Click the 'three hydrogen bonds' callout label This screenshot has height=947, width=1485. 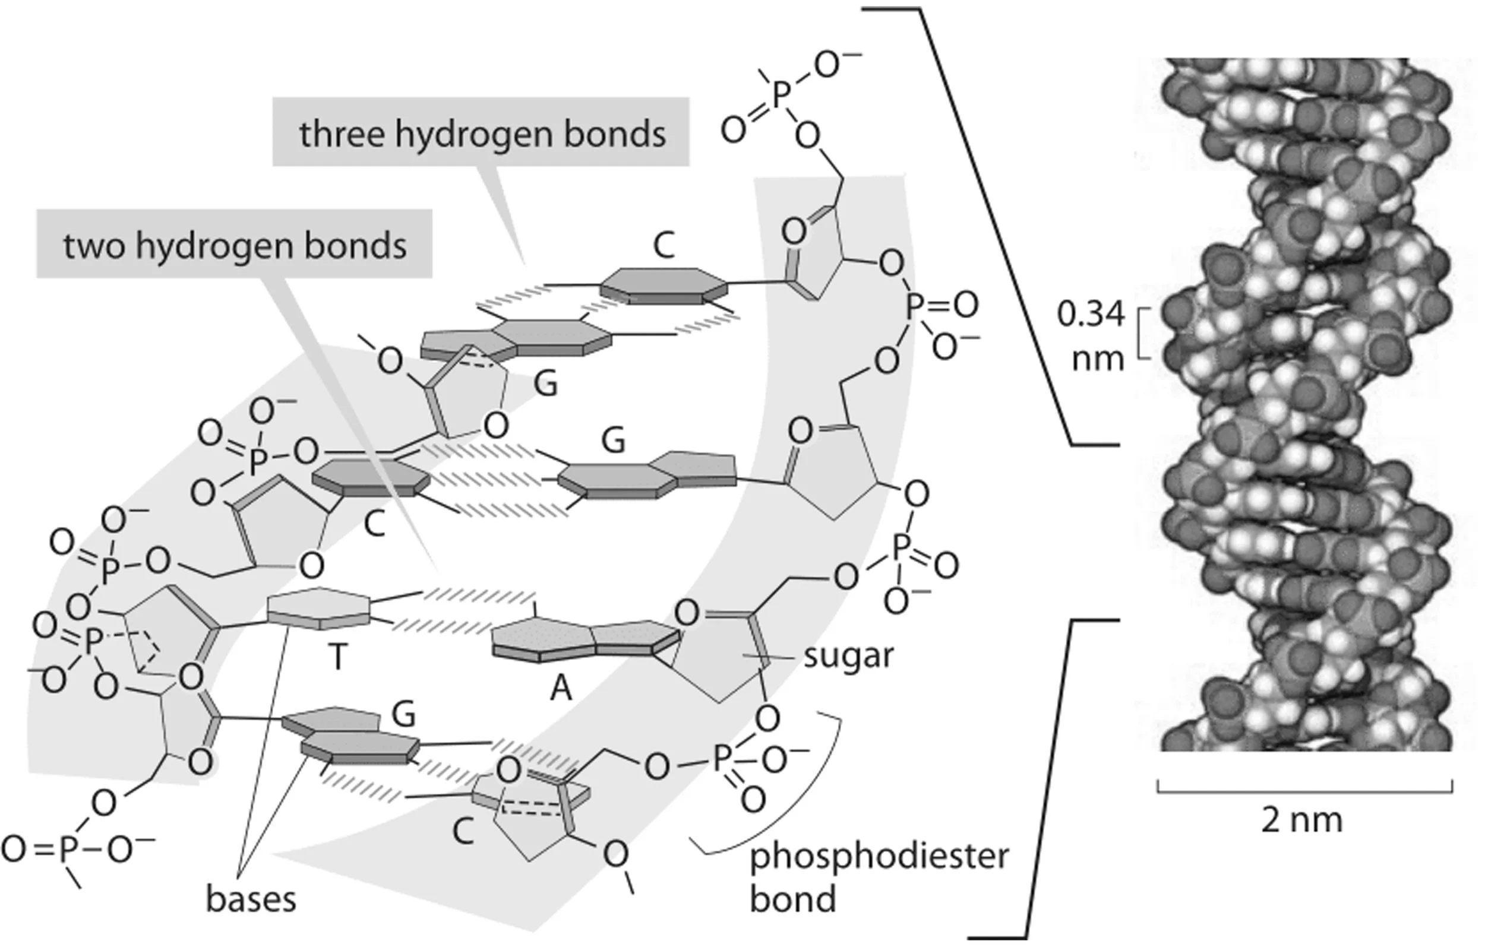tap(482, 134)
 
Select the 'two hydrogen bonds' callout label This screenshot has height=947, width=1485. tap(235, 245)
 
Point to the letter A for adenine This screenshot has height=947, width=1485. tap(561, 688)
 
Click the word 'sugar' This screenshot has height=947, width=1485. tap(848, 656)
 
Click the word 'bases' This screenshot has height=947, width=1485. tap(251, 899)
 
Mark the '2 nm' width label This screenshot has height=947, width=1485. tap(1301, 820)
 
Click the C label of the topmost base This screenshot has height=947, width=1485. tap(663, 245)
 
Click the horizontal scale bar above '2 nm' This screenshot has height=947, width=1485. tap(1304, 791)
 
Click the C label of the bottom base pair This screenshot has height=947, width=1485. tap(463, 832)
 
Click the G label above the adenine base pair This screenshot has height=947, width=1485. tap(613, 441)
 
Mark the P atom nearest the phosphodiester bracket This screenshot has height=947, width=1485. tap(722, 757)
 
